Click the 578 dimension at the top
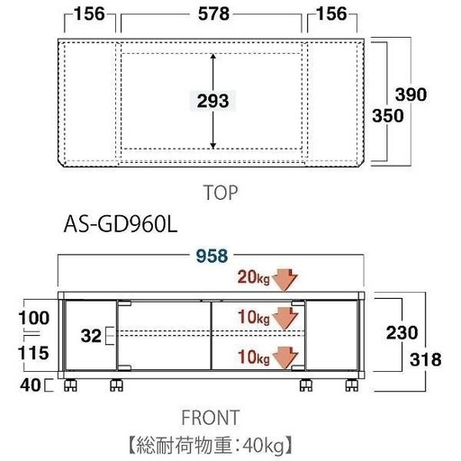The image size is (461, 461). (x=213, y=14)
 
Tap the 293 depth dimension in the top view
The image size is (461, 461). (x=212, y=101)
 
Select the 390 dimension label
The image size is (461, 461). (x=411, y=95)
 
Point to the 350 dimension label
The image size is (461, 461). (x=388, y=115)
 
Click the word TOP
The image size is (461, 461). (x=221, y=193)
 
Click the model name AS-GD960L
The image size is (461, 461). (x=121, y=225)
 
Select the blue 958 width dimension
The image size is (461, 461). (x=212, y=256)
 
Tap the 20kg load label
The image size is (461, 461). (x=254, y=277)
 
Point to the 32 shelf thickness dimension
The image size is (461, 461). (x=91, y=336)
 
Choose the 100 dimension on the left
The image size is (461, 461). (x=34, y=318)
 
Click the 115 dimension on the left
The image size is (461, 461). (x=33, y=353)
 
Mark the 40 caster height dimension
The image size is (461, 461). (x=30, y=384)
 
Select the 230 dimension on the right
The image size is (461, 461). (x=402, y=332)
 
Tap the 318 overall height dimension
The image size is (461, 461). (x=426, y=359)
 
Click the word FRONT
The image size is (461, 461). (x=211, y=417)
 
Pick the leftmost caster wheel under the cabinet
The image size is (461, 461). (x=70, y=385)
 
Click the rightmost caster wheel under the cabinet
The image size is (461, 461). (x=351, y=385)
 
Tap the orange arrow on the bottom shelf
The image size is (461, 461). (x=286, y=357)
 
